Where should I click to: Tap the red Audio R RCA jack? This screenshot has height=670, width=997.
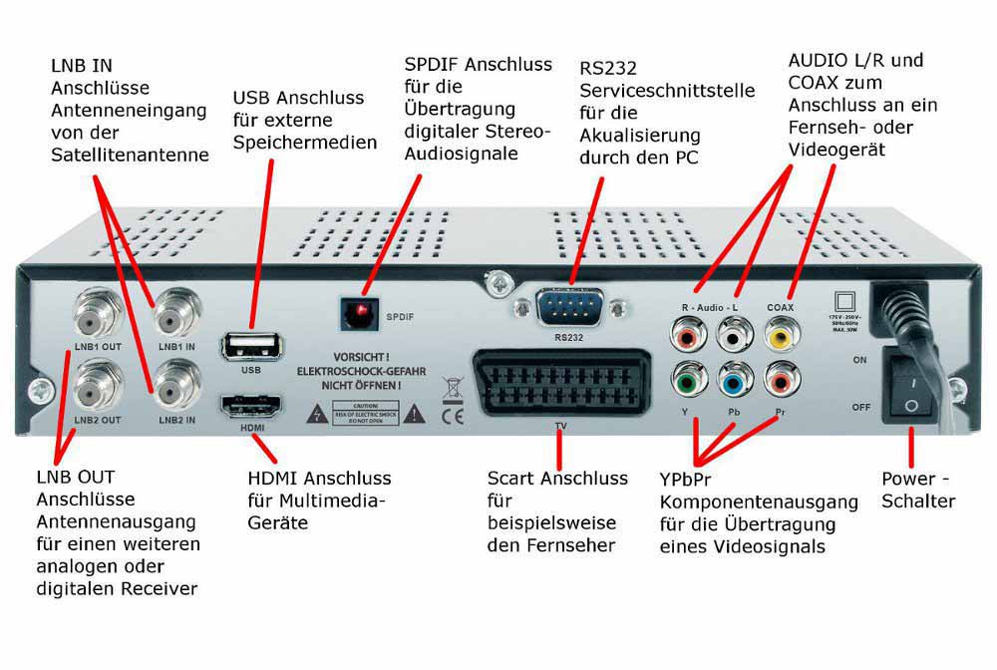point(687,337)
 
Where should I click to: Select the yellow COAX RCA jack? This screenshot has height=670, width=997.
point(780,336)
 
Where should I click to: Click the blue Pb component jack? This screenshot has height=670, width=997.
point(733,382)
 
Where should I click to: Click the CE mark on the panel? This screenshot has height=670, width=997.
point(452,412)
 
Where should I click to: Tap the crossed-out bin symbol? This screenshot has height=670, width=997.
point(451,384)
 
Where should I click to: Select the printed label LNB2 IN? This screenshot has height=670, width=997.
point(176,420)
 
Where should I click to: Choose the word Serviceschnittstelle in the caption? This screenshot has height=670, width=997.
point(667,91)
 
